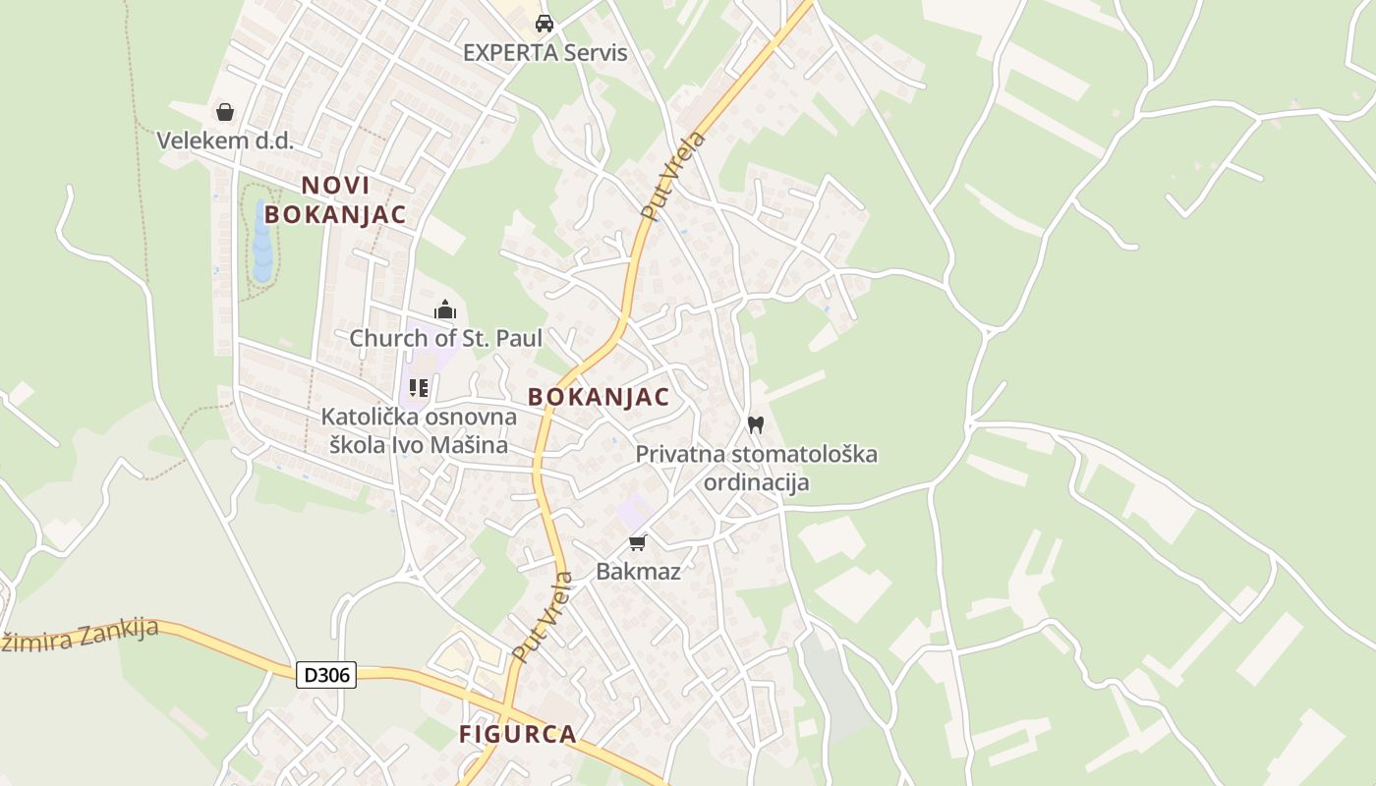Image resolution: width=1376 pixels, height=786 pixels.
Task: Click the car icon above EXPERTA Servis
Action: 545,23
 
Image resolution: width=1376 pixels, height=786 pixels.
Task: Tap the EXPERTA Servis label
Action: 545,52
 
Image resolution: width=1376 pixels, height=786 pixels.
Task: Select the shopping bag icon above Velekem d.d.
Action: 225,112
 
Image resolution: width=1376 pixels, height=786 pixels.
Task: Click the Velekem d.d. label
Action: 225,140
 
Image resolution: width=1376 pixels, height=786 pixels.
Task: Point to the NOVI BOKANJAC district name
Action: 335,199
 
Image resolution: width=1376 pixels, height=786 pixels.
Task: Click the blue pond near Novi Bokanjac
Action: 262,241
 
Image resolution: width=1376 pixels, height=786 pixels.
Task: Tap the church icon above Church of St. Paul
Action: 445,310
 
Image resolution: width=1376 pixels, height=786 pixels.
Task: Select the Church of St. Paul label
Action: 445,338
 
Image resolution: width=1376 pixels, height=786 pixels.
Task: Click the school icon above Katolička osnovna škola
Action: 419,388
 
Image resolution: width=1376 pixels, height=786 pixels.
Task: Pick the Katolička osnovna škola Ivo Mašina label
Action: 419,430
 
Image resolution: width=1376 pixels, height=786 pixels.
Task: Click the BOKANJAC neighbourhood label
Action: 599,397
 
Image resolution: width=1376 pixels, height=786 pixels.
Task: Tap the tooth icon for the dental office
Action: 755,425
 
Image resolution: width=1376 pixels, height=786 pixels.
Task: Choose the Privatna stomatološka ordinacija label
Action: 756,468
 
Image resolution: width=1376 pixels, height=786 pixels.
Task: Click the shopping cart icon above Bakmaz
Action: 638,542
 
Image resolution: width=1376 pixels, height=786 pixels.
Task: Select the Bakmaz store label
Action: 638,571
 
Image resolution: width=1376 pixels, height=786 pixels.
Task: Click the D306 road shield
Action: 326,675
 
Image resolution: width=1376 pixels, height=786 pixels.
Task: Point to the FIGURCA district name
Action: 517,734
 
